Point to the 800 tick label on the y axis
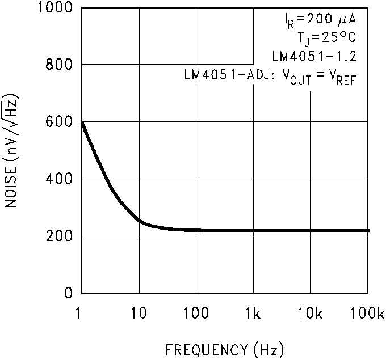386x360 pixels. click(x=59, y=65)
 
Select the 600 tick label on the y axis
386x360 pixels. click(x=59, y=122)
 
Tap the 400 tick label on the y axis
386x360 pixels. click(x=59, y=179)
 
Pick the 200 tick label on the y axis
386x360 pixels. click(x=59, y=236)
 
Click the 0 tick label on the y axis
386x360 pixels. click(x=68, y=294)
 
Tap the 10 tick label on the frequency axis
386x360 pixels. click(x=139, y=312)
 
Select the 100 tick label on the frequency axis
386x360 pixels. click(x=196, y=312)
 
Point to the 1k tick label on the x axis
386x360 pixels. click(x=254, y=312)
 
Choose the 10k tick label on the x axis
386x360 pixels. click(x=311, y=312)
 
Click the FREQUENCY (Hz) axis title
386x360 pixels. click(x=225, y=348)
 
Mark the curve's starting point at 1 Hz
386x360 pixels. click(x=83, y=122)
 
